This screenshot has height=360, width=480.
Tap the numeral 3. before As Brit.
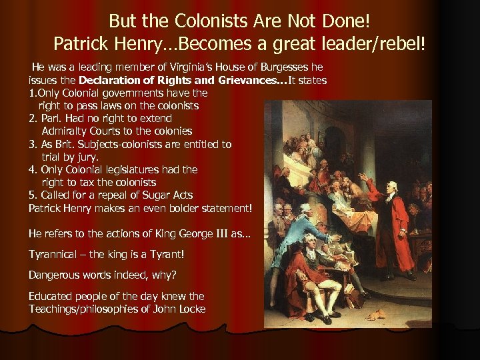click(33, 144)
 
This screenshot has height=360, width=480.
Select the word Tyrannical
click(55, 254)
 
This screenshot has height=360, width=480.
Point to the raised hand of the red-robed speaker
click(362, 177)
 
